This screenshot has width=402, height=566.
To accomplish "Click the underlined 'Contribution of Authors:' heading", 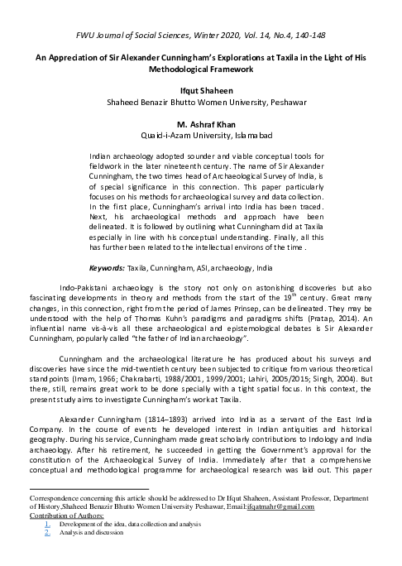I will click(x=66, y=515).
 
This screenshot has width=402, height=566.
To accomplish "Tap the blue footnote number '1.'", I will click(x=47, y=524).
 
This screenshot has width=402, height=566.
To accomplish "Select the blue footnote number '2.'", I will click(x=47, y=533).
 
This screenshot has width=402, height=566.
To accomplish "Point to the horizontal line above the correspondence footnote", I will click(x=89, y=490).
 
